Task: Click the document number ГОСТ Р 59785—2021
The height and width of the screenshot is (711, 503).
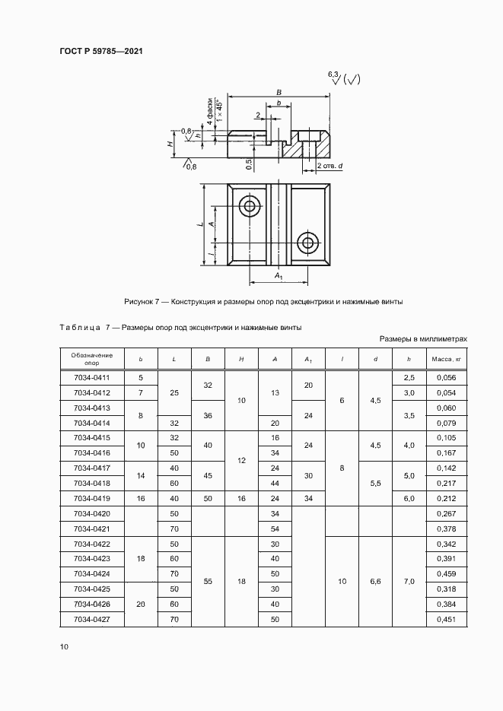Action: pyautogui.click(x=101, y=51)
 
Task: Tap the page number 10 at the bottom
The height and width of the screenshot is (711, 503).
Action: pyautogui.click(x=64, y=646)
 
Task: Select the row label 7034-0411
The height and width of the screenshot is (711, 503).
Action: pyautogui.click(x=92, y=377)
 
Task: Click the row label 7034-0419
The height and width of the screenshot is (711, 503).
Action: pyautogui.click(x=92, y=498)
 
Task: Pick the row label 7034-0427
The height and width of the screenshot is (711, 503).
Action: pyautogui.click(x=92, y=619)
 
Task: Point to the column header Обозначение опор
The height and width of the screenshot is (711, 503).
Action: pyautogui.click(x=92, y=358)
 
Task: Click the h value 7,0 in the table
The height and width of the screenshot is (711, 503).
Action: pyautogui.click(x=409, y=581)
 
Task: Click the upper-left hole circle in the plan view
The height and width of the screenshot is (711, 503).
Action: pyautogui.click(x=248, y=205)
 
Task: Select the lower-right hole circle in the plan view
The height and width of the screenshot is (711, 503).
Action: pyautogui.click(x=308, y=243)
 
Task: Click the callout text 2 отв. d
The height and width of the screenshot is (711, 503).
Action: pyautogui.click(x=329, y=165)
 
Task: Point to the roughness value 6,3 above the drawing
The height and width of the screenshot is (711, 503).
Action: pyautogui.click(x=332, y=74)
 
